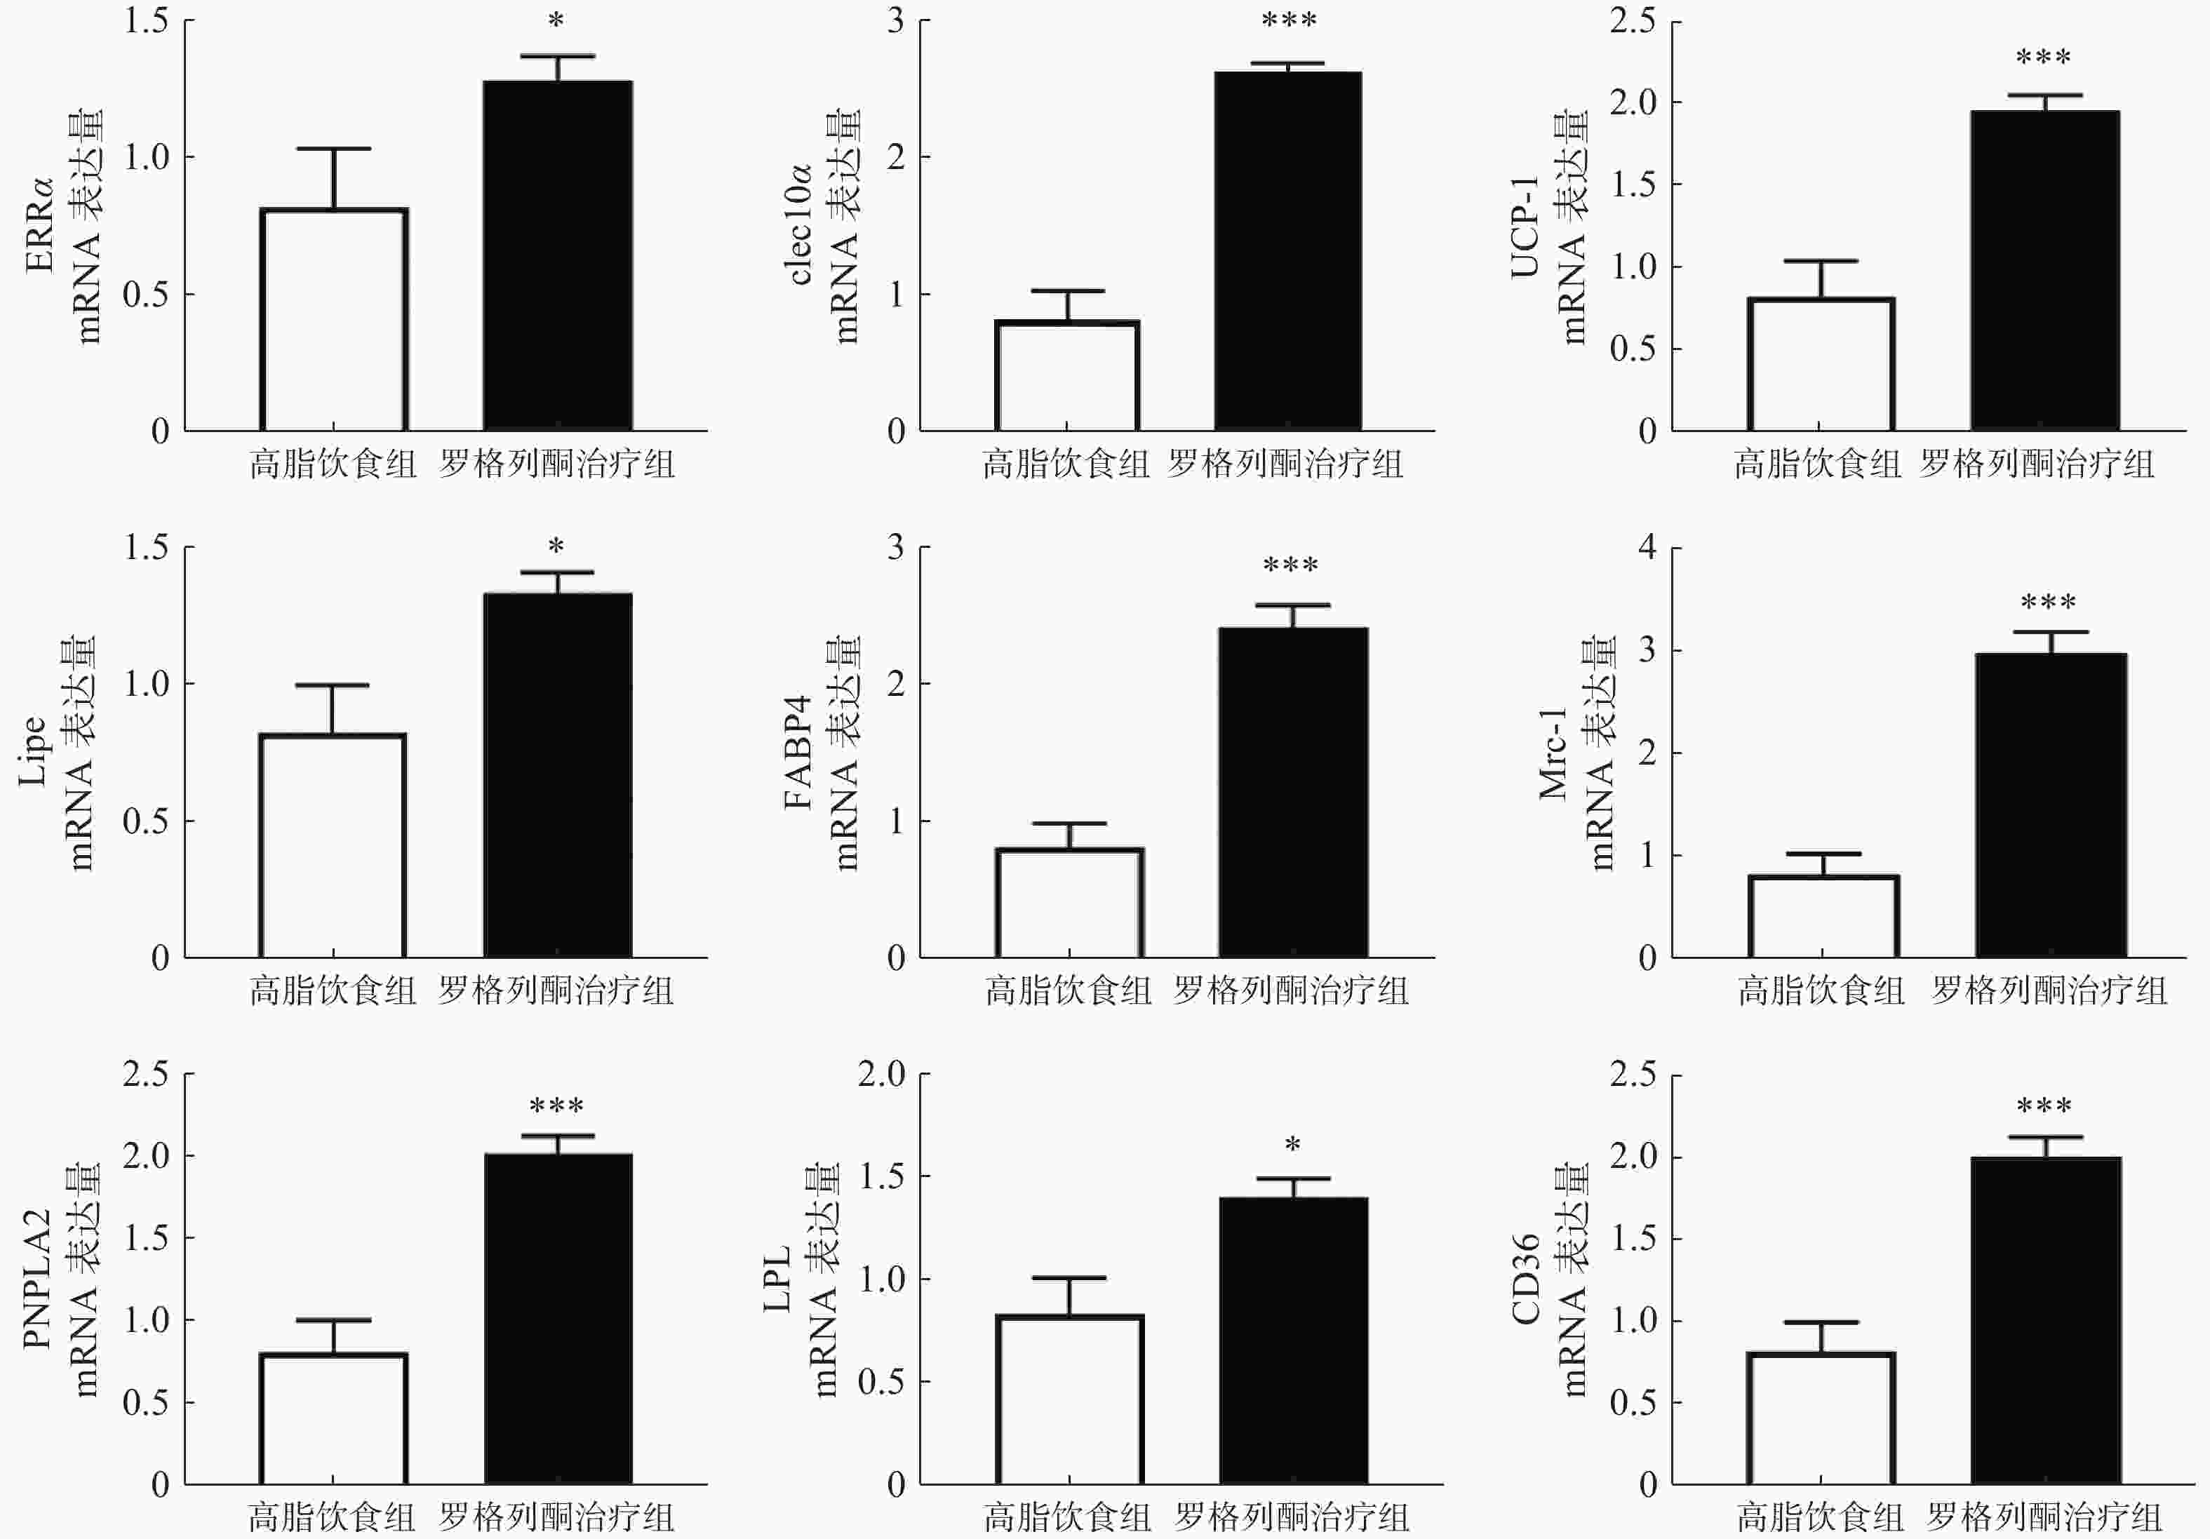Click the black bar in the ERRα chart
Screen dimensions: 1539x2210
click(x=557, y=255)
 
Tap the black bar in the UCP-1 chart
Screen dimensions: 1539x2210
click(x=2044, y=269)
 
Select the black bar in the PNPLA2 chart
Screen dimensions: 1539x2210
click(x=557, y=1319)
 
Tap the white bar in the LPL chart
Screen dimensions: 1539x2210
click(x=1069, y=1399)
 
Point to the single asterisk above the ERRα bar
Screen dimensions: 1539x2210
click(x=556, y=21)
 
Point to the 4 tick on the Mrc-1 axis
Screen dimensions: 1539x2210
click(x=1648, y=548)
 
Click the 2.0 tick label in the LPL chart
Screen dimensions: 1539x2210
click(x=882, y=1074)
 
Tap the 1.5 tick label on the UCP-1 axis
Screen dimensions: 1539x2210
click(x=1633, y=184)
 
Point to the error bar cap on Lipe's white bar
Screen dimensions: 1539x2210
click(x=332, y=685)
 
